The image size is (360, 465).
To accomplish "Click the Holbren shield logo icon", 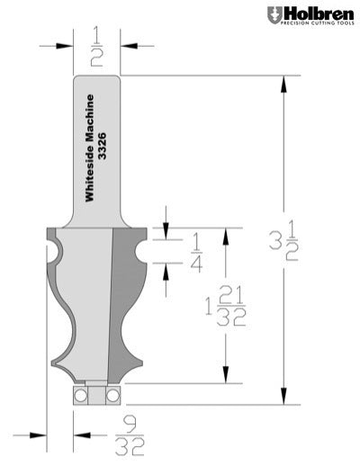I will pos(274,15).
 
